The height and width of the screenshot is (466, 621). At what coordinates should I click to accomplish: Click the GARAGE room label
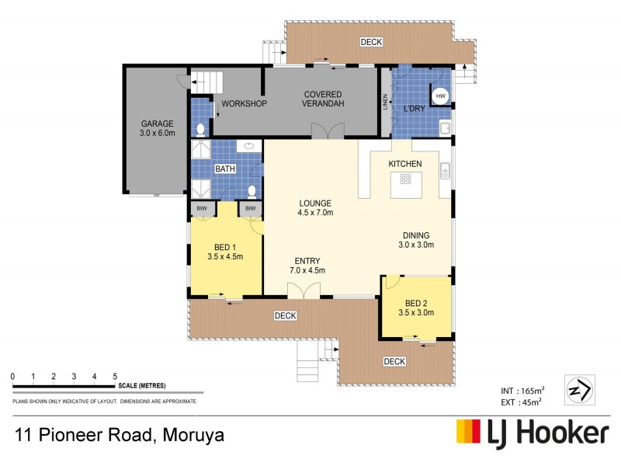[157, 123]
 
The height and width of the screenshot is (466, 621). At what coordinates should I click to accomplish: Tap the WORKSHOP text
[244, 104]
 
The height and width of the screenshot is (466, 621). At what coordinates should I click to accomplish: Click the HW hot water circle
[441, 96]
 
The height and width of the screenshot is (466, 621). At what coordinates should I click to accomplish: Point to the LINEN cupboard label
[384, 103]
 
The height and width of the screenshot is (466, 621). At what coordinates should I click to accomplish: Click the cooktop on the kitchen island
[404, 179]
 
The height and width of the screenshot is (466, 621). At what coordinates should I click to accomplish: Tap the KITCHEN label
[405, 164]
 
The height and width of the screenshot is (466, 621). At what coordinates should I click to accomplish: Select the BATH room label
[225, 169]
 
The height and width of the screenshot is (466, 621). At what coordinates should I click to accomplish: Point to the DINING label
[415, 235]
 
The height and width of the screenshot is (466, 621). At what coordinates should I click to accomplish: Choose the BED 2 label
[416, 303]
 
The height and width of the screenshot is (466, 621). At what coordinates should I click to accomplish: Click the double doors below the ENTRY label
[304, 290]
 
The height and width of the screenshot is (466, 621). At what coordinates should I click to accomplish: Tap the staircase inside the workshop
[207, 80]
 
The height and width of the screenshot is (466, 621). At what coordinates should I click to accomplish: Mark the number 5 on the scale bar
[115, 376]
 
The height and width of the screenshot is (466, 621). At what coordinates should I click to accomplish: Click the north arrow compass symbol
[581, 388]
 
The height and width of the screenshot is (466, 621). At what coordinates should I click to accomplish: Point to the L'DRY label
[413, 109]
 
